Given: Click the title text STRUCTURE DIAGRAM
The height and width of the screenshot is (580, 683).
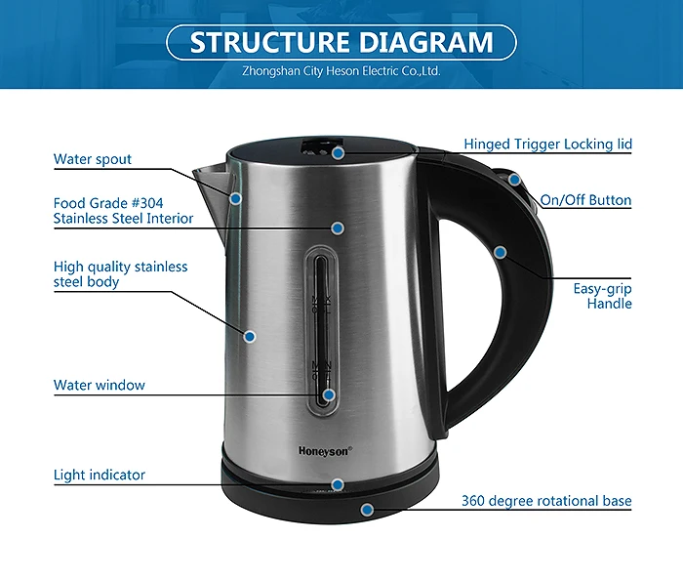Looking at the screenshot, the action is click(x=341, y=43).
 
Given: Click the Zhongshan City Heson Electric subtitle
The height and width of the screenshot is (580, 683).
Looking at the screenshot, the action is click(x=341, y=71).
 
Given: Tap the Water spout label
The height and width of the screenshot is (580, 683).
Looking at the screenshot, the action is click(x=93, y=159).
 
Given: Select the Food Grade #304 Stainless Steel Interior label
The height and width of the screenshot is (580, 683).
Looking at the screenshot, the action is click(x=123, y=211).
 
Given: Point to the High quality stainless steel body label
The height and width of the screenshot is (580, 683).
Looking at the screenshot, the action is click(x=120, y=273).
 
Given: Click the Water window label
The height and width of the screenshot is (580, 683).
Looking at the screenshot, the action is click(x=100, y=385).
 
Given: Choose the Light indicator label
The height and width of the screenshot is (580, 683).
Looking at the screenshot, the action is click(x=100, y=475).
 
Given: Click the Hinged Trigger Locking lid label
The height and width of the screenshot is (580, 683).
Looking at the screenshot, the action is click(x=547, y=145).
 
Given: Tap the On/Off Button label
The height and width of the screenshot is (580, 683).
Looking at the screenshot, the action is click(x=586, y=200).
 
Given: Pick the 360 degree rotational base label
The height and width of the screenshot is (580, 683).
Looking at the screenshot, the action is click(x=546, y=501).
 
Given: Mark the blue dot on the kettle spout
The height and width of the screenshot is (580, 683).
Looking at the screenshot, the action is click(x=235, y=198).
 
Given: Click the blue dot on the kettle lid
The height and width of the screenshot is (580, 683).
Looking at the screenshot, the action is click(x=338, y=152).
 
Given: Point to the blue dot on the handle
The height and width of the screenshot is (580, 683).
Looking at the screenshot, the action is click(x=500, y=252).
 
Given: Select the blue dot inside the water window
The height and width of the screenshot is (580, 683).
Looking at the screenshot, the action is click(x=329, y=395).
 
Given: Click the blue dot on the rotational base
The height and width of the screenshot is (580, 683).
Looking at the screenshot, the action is click(x=367, y=509).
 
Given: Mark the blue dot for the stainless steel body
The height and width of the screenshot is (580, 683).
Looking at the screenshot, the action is click(x=249, y=336).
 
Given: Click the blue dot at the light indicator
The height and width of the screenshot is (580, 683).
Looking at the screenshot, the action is click(x=338, y=484).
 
